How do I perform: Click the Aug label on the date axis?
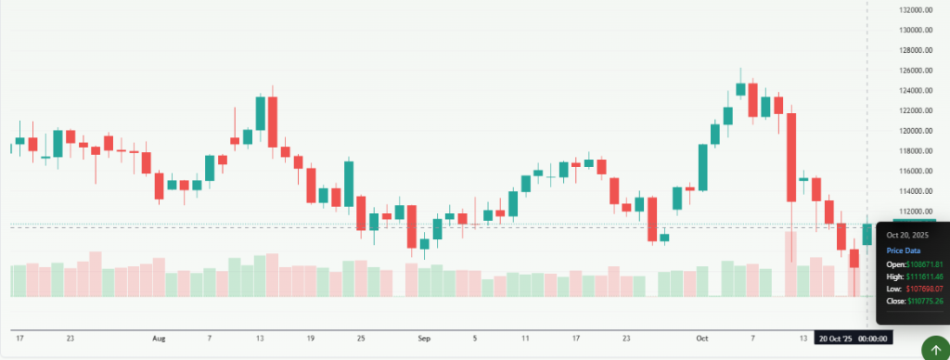159,339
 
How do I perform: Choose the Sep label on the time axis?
424,339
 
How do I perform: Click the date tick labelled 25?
360,339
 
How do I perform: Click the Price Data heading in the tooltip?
903,251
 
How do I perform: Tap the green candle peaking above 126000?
740,88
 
